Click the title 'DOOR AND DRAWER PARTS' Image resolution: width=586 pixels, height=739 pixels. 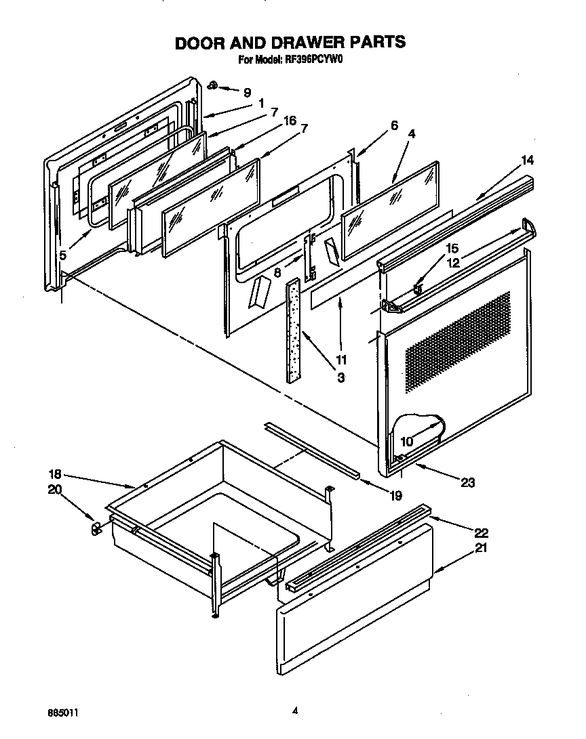click(290, 42)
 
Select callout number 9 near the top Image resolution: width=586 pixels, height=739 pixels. click(247, 93)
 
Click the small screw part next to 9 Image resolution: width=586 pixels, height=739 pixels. click(212, 85)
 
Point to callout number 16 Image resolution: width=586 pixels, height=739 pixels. click(290, 121)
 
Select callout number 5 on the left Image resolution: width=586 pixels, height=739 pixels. click(62, 255)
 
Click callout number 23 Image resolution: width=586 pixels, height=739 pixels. click(468, 482)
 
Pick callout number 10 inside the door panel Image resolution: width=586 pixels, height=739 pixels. click(407, 440)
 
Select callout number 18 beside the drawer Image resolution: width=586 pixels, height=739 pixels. click(54, 474)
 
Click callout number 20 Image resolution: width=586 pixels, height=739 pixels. click(54, 490)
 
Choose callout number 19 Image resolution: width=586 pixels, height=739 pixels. click(397, 495)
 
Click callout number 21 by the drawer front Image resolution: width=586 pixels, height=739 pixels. click(481, 549)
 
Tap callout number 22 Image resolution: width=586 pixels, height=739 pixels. click(481, 532)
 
